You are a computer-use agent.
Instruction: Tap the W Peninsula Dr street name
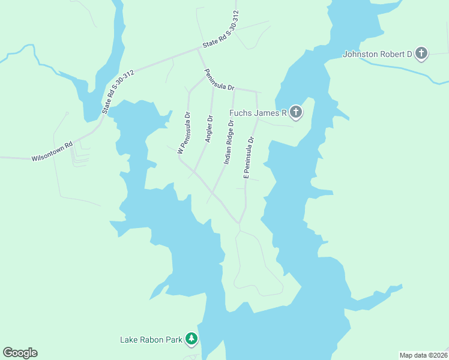(184, 133)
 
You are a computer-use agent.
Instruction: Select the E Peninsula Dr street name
(248, 157)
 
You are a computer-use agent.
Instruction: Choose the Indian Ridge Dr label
(229, 142)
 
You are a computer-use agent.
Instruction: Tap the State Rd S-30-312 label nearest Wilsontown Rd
(118, 91)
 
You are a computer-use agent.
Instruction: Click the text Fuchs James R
(259, 112)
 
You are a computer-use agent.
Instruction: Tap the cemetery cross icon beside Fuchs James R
(295, 112)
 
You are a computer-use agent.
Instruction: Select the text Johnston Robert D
(377, 54)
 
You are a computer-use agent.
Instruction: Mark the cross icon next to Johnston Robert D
(421, 53)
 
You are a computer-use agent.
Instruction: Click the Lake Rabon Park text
(151, 340)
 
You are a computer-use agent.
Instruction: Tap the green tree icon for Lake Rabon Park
(191, 340)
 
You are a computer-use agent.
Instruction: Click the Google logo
(20, 353)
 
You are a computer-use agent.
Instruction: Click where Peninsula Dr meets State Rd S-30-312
(198, 50)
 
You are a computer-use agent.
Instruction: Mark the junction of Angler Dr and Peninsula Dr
(213, 87)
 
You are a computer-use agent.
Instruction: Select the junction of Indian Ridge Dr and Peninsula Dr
(234, 90)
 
